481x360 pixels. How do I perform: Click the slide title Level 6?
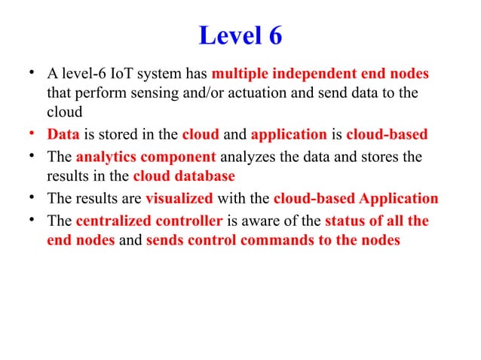coord(240,35)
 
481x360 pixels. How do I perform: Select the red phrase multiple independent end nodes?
coord(320,75)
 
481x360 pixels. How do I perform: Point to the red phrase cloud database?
coord(184,178)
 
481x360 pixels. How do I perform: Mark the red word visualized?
coord(179,200)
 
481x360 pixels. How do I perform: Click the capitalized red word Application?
coord(399,200)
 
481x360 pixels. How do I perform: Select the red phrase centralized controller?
coord(149,222)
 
